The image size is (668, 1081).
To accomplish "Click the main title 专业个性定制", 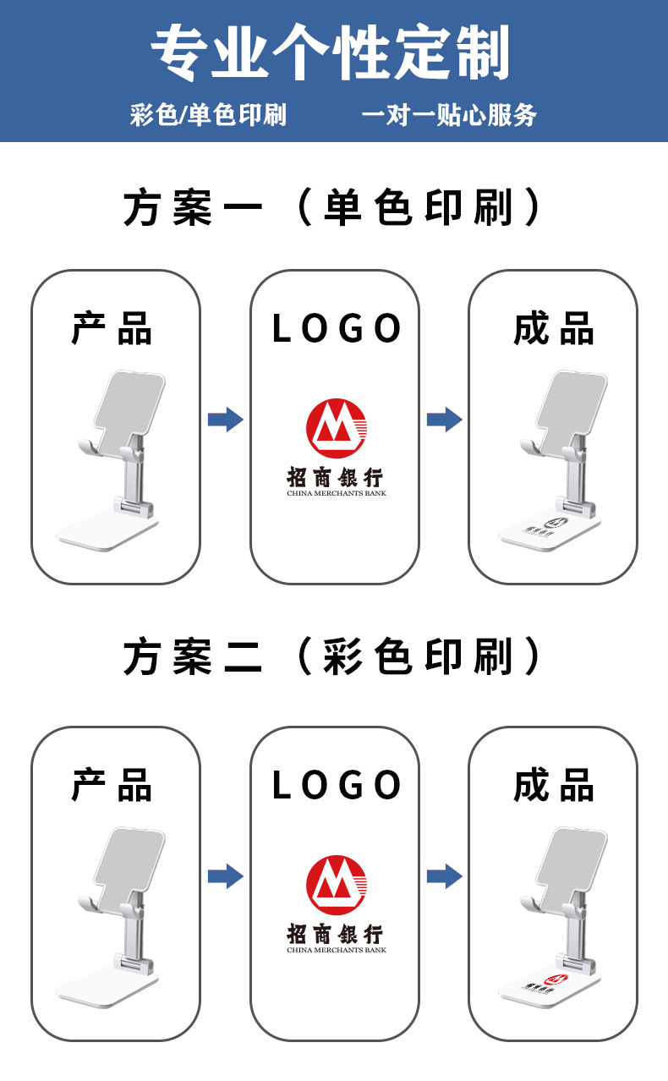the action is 331,52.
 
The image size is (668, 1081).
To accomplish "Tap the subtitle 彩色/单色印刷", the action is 208,114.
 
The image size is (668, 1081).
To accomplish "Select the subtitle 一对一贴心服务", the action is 448,114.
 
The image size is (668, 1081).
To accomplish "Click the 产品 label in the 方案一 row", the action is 112,328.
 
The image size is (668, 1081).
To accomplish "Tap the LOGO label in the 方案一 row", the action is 336,328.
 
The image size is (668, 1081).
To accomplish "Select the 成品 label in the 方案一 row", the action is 554,328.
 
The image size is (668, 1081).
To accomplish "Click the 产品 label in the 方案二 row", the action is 112,785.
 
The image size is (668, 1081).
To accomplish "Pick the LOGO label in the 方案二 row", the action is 336,785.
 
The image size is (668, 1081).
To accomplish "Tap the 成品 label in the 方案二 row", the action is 554,785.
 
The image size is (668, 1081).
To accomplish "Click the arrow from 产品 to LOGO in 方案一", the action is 225,419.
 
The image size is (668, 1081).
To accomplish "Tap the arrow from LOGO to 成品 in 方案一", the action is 443,419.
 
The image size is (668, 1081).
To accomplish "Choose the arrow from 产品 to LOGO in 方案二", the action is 225,876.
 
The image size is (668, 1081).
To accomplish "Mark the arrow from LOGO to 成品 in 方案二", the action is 443,876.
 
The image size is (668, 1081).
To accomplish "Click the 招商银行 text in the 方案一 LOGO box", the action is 335,476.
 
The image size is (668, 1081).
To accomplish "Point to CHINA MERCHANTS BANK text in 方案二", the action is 336,950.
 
